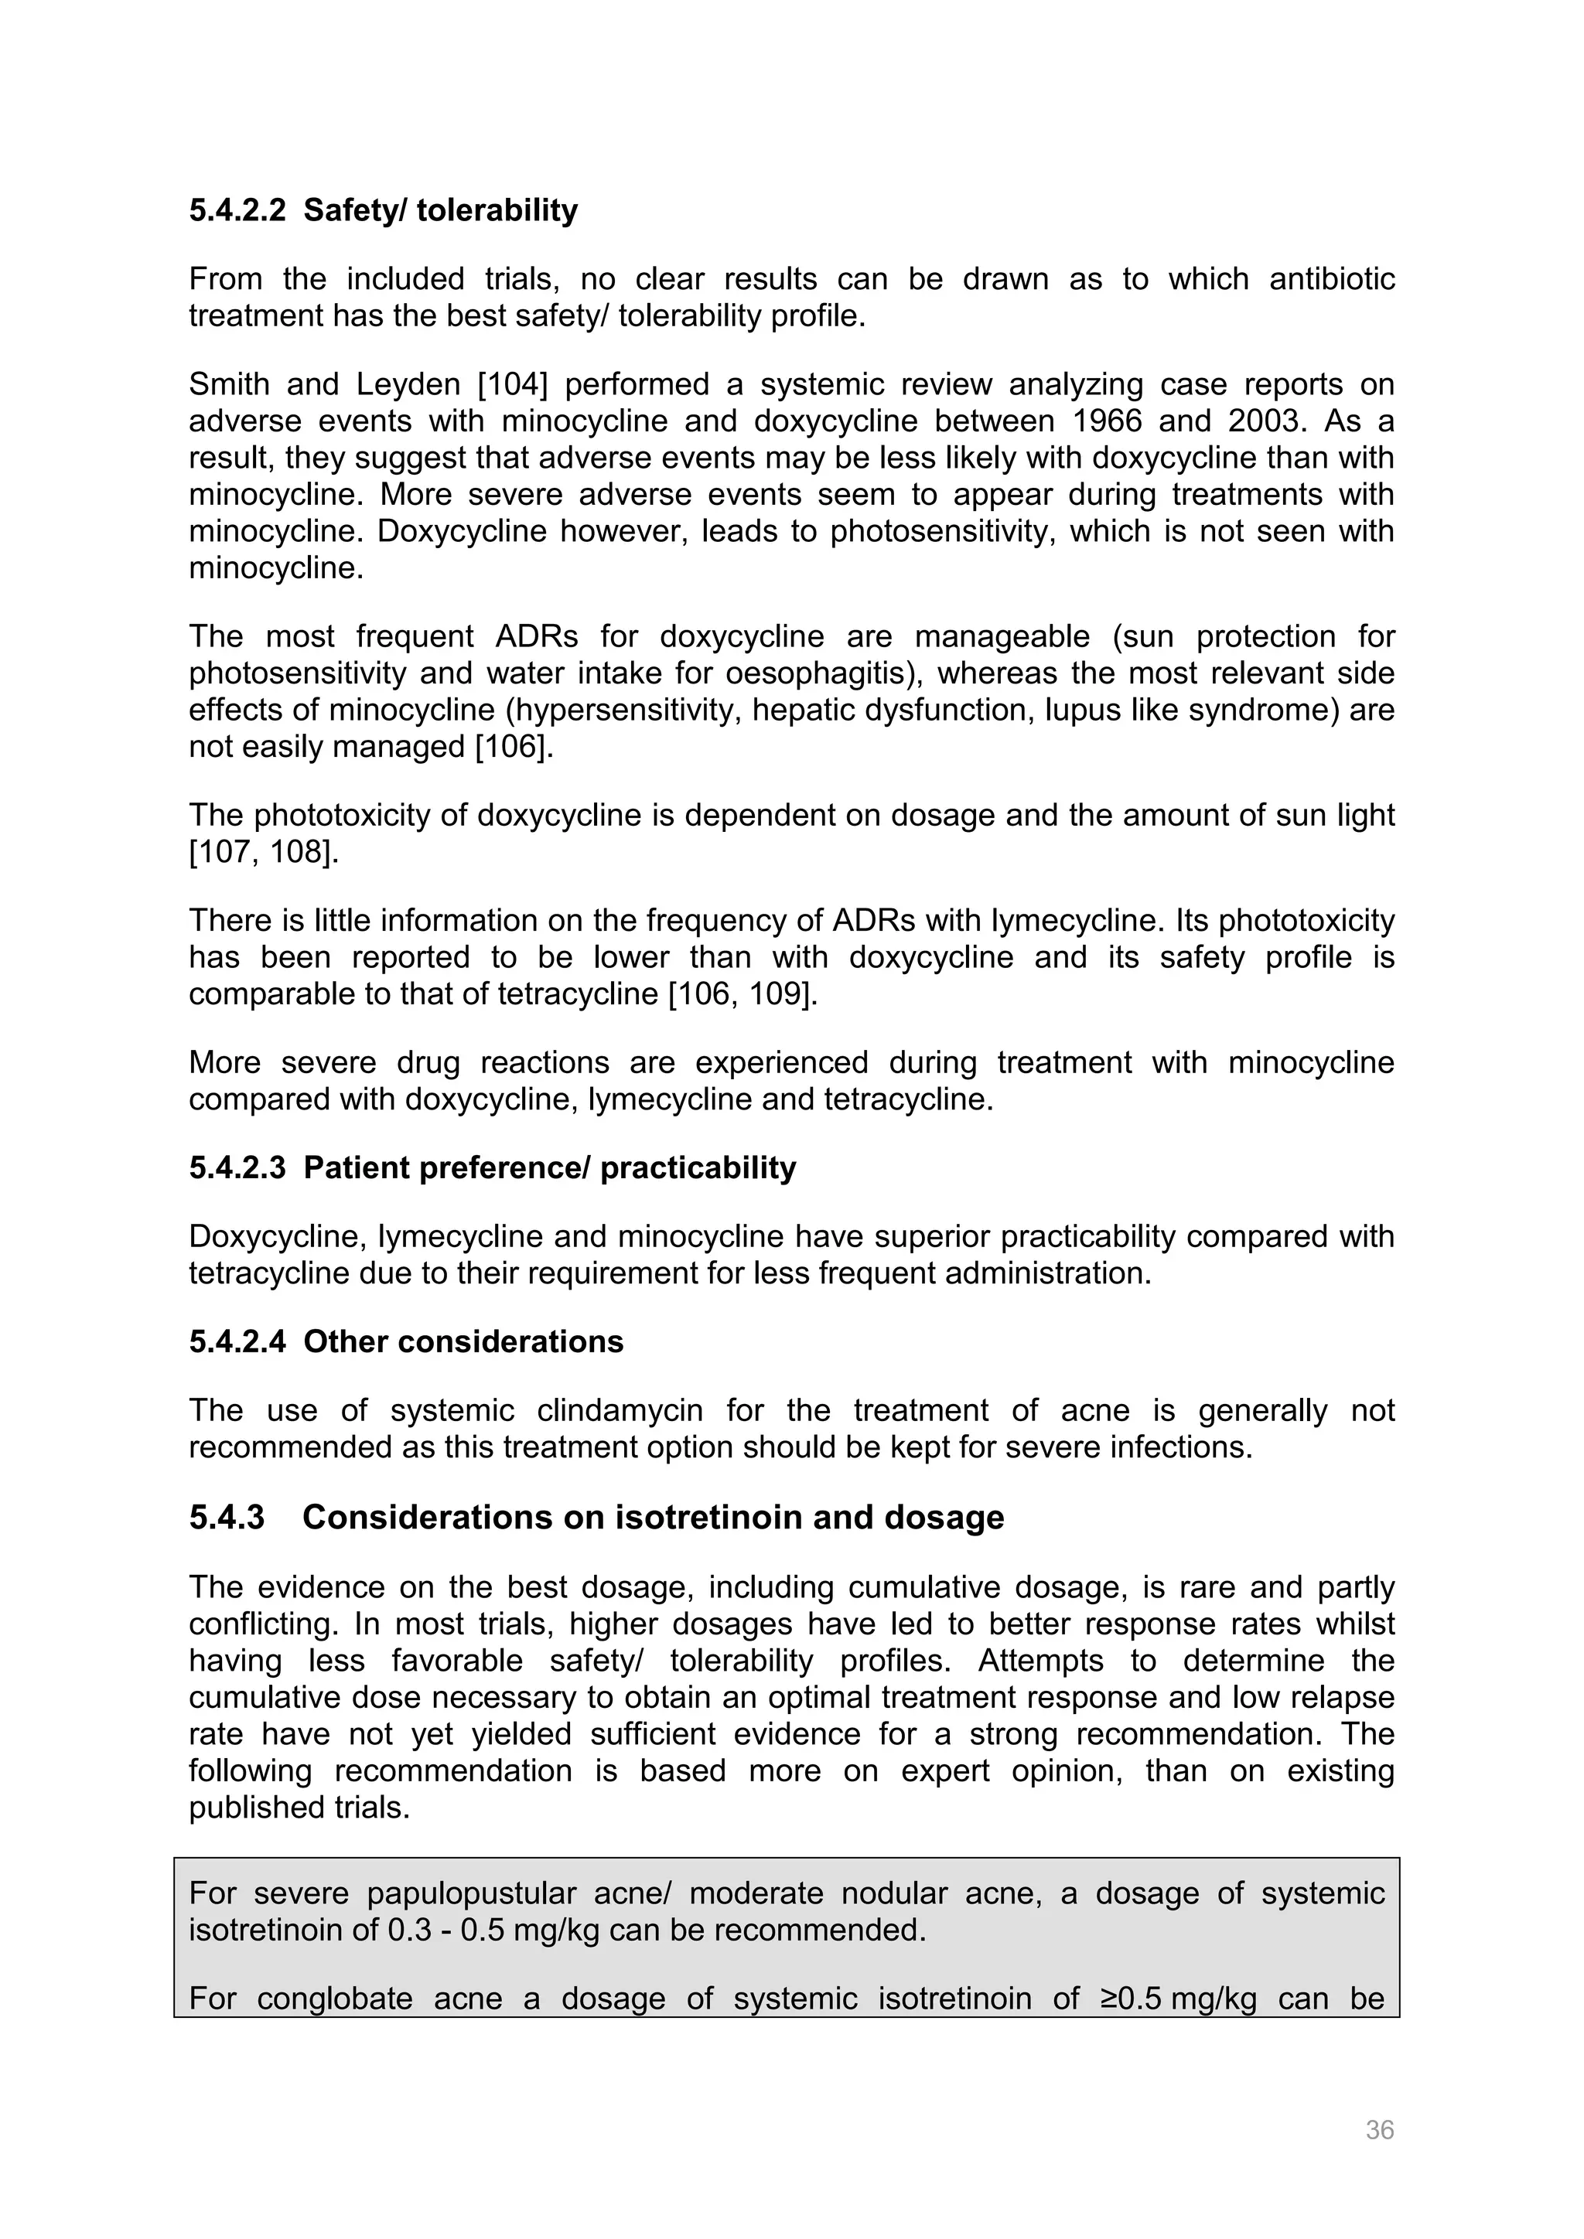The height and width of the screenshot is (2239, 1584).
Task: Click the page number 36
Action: pos(1379,2130)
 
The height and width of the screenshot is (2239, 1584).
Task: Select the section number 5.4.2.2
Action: pos(237,210)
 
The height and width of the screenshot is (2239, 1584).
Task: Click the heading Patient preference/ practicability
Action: pos(549,1168)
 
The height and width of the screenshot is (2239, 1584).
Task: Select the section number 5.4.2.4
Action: pos(237,1342)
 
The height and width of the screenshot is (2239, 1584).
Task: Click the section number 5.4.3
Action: pos(227,1518)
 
